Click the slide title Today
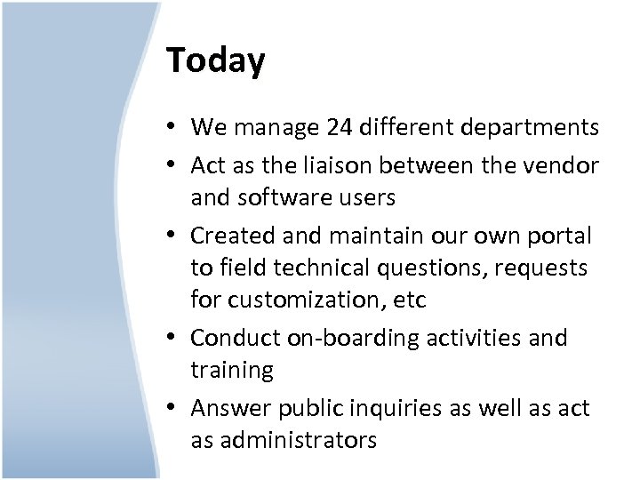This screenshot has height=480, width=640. [215, 61]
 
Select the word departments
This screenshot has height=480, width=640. [531, 128]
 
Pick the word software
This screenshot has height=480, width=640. [285, 197]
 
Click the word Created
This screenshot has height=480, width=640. [230, 236]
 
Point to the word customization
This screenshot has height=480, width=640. [308, 300]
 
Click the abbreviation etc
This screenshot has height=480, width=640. [410, 300]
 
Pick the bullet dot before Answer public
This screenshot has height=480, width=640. [173, 408]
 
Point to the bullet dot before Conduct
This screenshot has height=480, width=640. [173, 339]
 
